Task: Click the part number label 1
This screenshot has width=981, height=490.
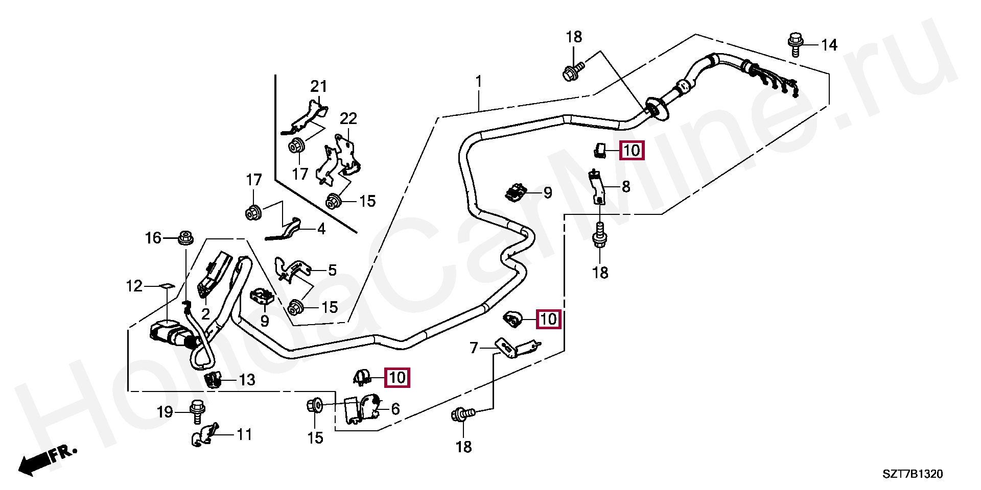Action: (479, 82)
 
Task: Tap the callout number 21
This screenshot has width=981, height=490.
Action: (319, 86)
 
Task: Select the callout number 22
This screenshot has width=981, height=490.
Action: (348, 118)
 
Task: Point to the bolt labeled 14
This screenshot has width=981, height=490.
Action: (795, 44)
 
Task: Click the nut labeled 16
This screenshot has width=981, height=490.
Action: (185, 237)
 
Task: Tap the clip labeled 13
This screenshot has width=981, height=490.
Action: (212, 380)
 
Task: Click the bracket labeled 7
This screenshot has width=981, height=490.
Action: (517, 348)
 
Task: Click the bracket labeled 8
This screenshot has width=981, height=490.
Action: (597, 187)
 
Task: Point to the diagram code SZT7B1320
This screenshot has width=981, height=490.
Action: (913, 474)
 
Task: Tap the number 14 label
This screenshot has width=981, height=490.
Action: (829, 45)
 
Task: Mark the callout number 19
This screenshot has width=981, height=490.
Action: (165, 412)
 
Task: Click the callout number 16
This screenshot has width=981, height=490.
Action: (153, 238)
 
